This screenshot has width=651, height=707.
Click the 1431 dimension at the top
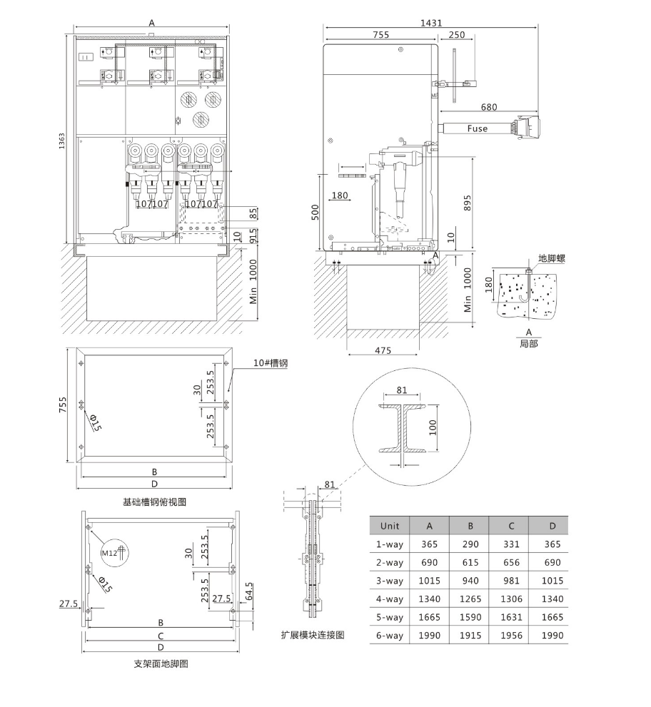[x=431, y=23]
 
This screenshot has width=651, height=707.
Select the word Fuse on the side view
[x=478, y=128]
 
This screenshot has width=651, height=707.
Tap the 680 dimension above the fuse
[x=489, y=107]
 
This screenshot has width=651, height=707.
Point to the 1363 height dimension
[x=62, y=141]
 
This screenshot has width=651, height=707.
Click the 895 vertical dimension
[x=467, y=203]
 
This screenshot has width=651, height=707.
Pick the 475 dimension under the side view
[x=383, y=350]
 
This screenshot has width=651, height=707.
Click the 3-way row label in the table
[x=390, y=581]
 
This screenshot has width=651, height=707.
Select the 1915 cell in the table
[x=470, y=636]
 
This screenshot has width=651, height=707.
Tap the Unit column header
[x=390, y=526]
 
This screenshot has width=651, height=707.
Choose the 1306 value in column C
[x=512, y=599]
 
